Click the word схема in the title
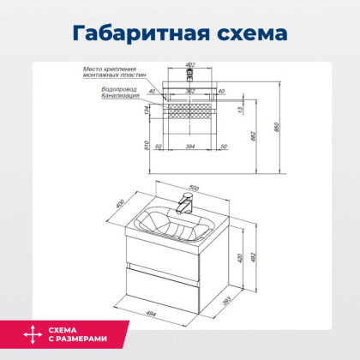click(249, 33)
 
